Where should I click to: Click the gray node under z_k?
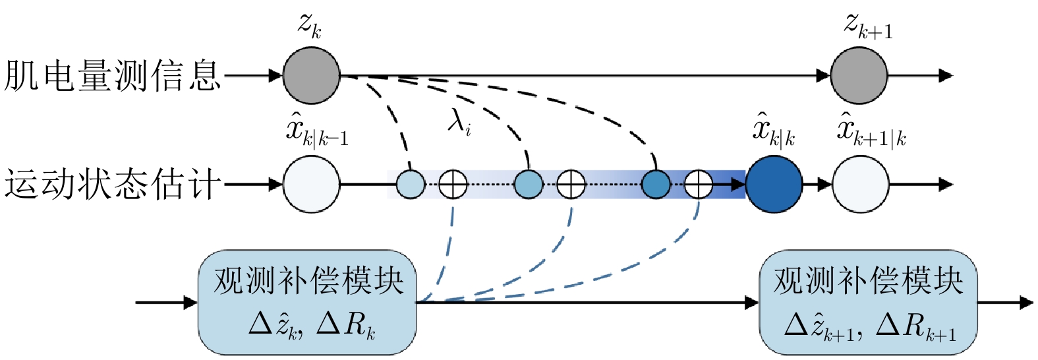(x=311, y=75)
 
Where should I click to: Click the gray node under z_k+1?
(x=859, y=75)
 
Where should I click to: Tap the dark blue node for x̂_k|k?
(x=774, y=185)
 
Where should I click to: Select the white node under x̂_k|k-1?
(x=311, y=185)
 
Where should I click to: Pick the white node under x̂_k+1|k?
(x=861, y=185)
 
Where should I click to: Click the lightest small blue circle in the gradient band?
(x=411, y=185)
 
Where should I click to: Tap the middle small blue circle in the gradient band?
(x=529, y=185)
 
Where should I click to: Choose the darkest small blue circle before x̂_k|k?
(x=656, y=185)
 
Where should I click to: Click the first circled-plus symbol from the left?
(x=453, y=185)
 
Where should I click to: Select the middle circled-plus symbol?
(x=571, y=185)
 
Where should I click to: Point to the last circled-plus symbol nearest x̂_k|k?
(x=699, y=185)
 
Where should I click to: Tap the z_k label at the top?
(x=310, y=27)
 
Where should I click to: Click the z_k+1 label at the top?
(x=868, y=27)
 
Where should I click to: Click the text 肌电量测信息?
(x=112, y=75)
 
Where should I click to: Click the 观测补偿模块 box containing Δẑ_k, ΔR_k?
(x=307, y=303)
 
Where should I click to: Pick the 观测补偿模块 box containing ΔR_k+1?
(x=869, y=303)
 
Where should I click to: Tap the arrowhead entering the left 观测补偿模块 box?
(x=191, y=303)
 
